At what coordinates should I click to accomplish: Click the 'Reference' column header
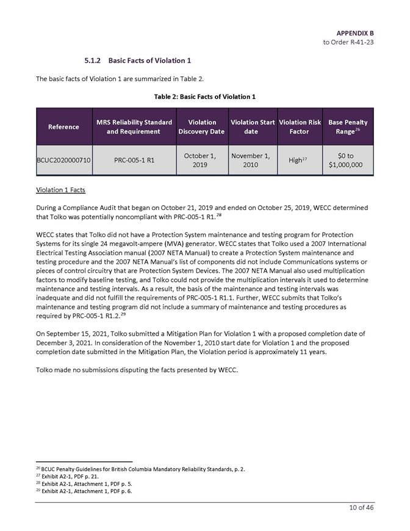(64, 127)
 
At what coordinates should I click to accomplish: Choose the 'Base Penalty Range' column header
(348, 127)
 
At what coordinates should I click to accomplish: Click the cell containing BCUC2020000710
(64, 160)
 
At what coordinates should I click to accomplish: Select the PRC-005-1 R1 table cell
(134, 160)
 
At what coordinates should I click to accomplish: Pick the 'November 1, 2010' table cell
(251, 160)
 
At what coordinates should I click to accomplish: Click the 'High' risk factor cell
(298, 160)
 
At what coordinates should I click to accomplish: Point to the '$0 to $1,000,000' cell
(348, 160)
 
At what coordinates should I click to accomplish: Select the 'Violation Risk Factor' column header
(299, 127)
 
